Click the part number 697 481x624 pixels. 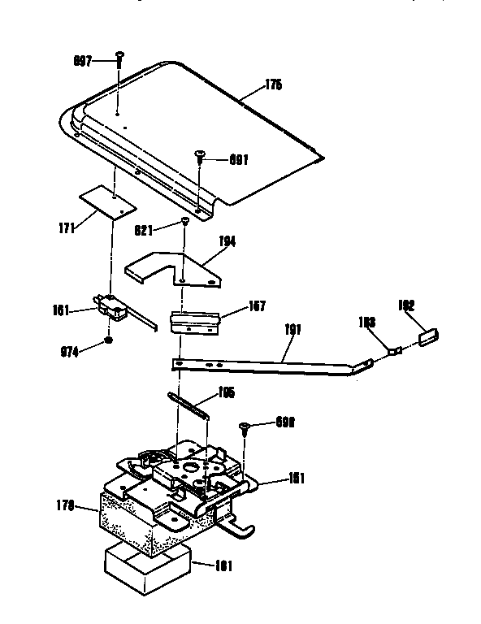82,60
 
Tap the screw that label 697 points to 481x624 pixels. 119,58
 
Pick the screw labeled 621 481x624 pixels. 185,222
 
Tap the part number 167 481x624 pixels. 256,308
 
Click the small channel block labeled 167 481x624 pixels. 195,322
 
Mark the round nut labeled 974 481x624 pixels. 108,341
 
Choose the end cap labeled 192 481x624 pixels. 429,335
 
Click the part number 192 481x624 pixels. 406,306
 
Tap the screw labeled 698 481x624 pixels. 243,427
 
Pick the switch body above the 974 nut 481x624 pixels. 110,307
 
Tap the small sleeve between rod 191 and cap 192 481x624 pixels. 395,353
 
